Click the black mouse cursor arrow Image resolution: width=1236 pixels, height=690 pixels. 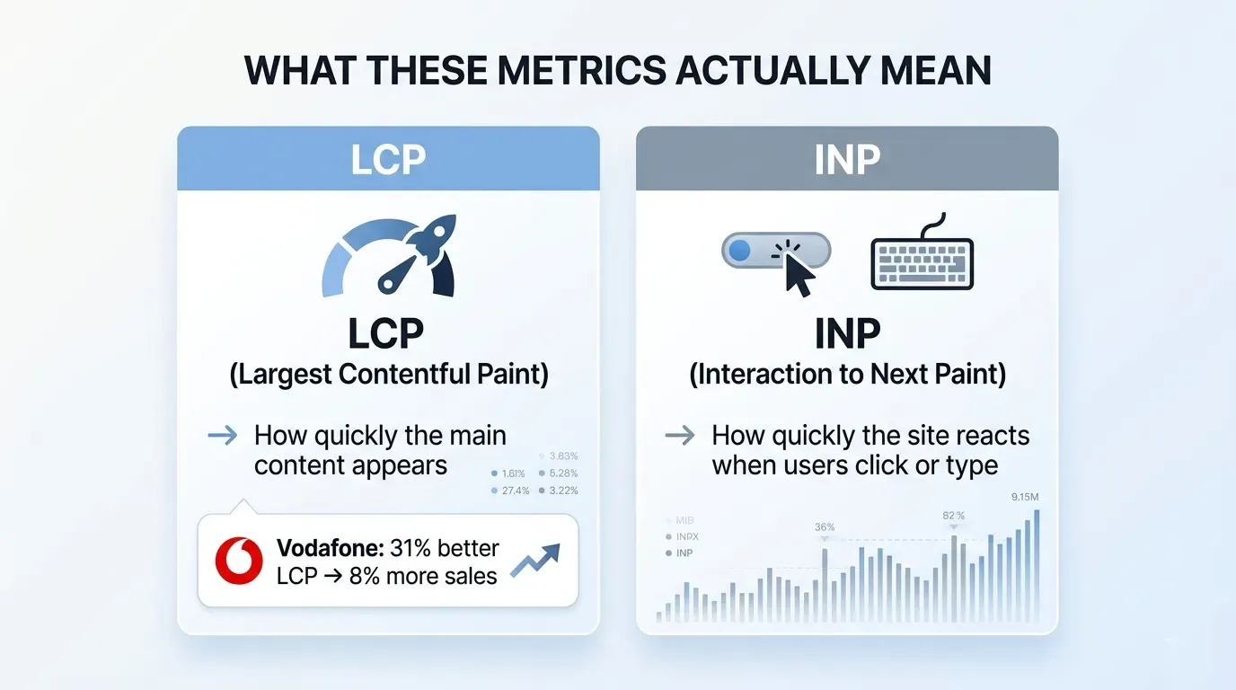[x=798, y=272]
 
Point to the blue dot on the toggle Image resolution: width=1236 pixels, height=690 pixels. [x=740, y=251]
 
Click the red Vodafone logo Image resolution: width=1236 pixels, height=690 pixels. [x=239, y=562]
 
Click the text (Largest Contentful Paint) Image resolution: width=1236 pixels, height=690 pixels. [x=388, y=373]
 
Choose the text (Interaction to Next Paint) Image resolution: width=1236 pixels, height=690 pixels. [x=847, y=373]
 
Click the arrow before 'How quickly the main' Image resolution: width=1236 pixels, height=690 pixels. [x=223, y=437]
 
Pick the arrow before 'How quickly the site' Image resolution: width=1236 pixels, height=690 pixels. [x=680, y=437]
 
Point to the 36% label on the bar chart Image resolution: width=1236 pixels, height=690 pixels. [x=825, y=527]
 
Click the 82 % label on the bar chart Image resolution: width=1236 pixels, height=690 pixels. [x=954, y=516]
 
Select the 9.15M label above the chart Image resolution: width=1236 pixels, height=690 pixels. [x=1024, y=497]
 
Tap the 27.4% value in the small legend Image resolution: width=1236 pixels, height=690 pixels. [x=516, y=491]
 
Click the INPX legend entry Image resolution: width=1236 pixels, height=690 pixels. [x=687, y=536]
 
